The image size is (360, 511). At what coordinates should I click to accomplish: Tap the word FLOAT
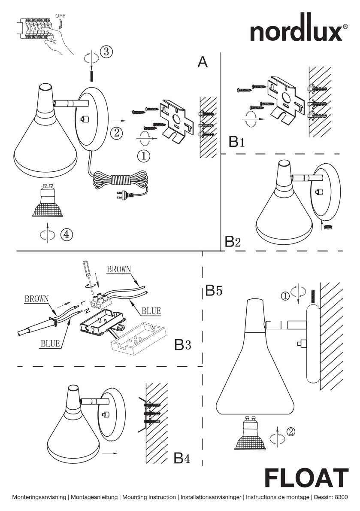(306, 478)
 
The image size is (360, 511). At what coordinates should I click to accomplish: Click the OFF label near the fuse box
(60, 16)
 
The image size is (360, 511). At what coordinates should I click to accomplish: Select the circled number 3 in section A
(106, 52)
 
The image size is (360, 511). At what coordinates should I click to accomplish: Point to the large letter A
(202, 62)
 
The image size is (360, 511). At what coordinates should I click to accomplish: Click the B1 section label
(237, 142)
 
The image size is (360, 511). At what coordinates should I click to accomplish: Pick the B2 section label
(233, 242)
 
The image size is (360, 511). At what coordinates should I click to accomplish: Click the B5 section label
(213, 291)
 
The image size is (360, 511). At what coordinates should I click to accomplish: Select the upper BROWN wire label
(119, 269)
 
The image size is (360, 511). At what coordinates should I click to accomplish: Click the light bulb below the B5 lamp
(250, 435)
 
